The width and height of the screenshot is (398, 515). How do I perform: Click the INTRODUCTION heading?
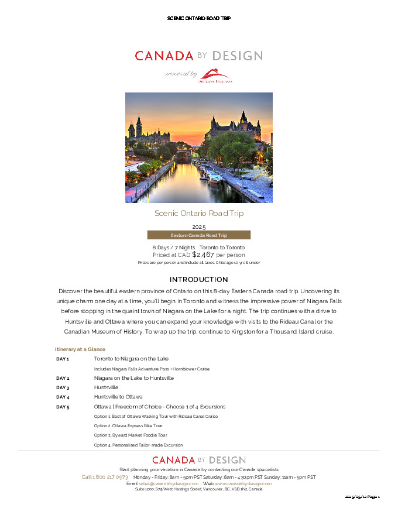(x=198, y=280)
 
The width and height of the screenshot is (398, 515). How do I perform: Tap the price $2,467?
(x=203, y=255)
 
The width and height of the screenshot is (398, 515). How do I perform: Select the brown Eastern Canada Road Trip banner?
(x=198, y=235)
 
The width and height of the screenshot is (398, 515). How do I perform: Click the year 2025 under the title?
(x=198, y=226)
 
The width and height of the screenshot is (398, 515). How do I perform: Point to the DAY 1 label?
(x=63, y=359)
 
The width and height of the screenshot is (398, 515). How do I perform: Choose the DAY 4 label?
(x=63, y=397)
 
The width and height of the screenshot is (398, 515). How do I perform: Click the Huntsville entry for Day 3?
(x=106, y=387)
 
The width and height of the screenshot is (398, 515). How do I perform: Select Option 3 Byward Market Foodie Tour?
(x=131, y=435)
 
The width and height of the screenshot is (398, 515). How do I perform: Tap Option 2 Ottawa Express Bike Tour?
(x=128, y=425)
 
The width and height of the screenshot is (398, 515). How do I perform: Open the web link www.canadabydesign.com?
(x=243, y=483)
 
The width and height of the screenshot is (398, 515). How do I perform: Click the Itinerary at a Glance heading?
(x=80, y=349)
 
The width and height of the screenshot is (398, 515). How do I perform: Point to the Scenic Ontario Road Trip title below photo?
(x=198, y=213)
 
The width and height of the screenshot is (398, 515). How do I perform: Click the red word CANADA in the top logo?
(x=164, y=56)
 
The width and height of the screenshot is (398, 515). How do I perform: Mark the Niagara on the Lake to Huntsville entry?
(x=133, y=378)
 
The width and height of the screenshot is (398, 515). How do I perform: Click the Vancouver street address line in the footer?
(x=198, y=489)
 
